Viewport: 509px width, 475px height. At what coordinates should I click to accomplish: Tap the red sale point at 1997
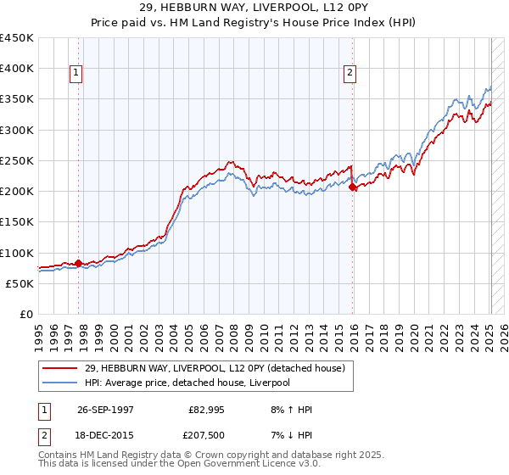[79, 263]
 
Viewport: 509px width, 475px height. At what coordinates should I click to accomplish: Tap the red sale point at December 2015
[353, 187]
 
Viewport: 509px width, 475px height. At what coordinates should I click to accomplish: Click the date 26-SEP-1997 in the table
[106, 410]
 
